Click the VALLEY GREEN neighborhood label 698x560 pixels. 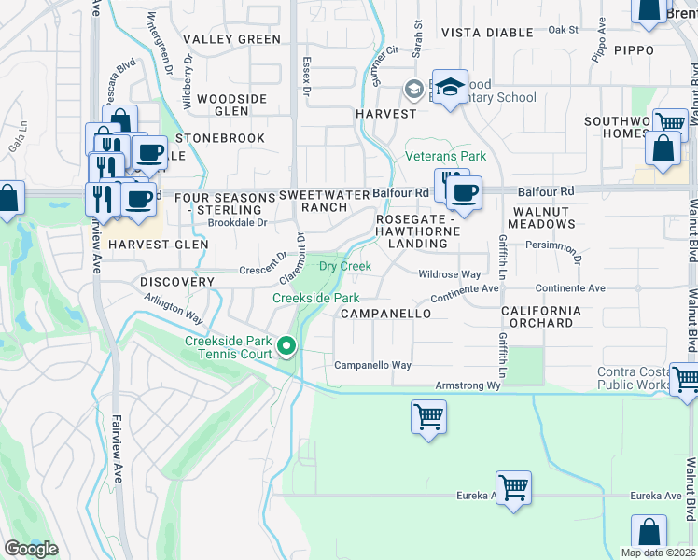pyautogui.click(x=231, y=39)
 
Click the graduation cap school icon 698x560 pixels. pyautogui.click(x=450, y=89)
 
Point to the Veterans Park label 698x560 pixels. pyautogui.click(x=445, y=156)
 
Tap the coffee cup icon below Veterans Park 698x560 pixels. pyautogui.click(x=465, y=193)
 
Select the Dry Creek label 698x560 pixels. pyautogui.click(x=345, y=266)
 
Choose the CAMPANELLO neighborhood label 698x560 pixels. pyautogui.click(x=385, y=314)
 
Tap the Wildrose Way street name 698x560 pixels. pyautogui.click(x=449, y=274)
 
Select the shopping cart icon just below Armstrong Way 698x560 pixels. pyautogui.click(x=428, y=416)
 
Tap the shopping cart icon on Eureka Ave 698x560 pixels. pyautogui.click(x=513, y=487)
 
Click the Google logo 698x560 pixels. pyautogui.click(x=31, y=549)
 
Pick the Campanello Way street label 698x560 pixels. pyautogui.click(x=373, y=365)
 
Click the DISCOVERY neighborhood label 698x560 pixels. pyautogui.click(x=178, y=281)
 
